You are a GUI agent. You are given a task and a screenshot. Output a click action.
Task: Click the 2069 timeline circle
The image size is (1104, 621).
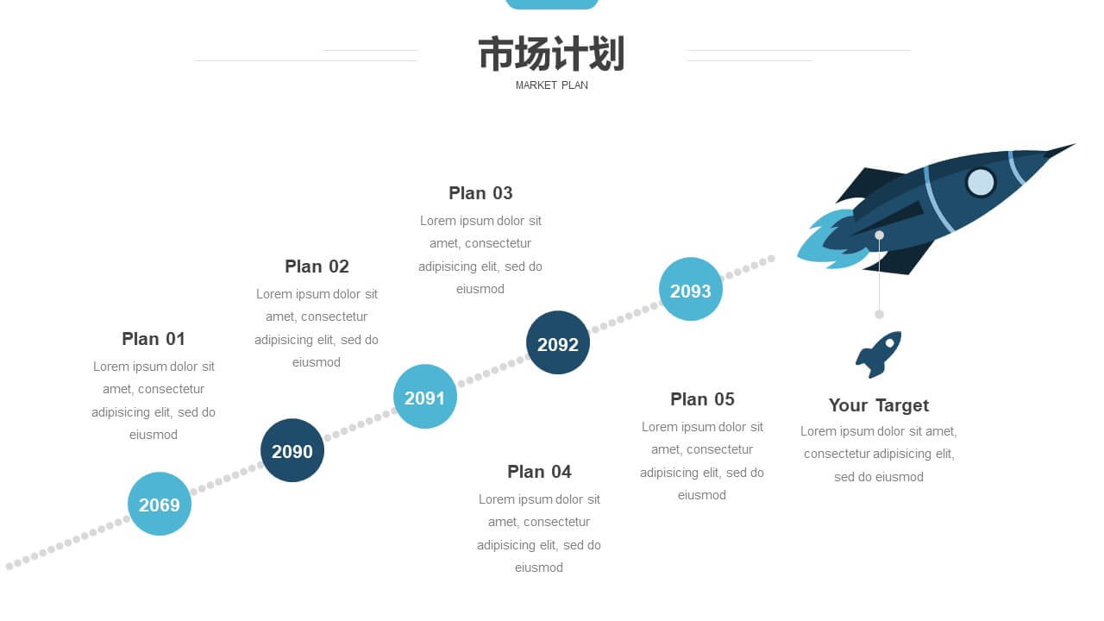pos(160,504)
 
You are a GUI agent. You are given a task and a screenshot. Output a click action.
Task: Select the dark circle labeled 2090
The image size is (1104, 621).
pos(292,450)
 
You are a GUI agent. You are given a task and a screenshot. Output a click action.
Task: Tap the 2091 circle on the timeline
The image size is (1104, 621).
pos(425,397)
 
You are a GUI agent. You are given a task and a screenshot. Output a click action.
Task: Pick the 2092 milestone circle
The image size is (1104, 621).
pos(558,342)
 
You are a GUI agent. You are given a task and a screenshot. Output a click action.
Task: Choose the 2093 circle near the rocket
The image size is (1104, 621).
pos(691,289)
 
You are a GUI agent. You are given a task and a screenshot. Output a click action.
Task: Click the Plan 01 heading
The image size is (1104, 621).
pos(154,339)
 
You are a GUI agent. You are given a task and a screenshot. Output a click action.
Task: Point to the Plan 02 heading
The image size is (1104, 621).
pos(317,267)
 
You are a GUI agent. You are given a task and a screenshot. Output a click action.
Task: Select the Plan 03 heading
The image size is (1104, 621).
pos(480,193)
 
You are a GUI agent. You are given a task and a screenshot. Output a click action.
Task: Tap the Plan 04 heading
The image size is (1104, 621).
pos(539,472)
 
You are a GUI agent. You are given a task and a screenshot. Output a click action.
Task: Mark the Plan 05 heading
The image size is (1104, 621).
pos(702,399)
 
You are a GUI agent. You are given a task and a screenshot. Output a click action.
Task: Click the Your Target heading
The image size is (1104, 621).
pos(879,405)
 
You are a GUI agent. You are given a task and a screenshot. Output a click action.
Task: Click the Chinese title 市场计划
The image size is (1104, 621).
pos(551,53)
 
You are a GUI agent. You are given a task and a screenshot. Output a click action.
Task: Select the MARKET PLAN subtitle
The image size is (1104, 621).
pos(551,85)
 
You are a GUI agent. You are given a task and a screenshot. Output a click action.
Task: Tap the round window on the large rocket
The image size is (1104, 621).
pos(981,182)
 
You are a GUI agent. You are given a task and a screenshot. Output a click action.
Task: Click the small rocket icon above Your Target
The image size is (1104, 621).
pos(879,354)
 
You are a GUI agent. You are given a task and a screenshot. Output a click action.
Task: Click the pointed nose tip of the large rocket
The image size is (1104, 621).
pos(1075,144)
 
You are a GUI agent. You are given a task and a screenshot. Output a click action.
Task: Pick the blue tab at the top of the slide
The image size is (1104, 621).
pos(551,4)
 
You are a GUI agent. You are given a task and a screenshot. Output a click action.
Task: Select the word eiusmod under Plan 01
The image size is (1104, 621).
pos(154,435)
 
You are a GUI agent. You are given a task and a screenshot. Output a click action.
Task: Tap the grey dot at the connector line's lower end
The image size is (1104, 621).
pos(879,315)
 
